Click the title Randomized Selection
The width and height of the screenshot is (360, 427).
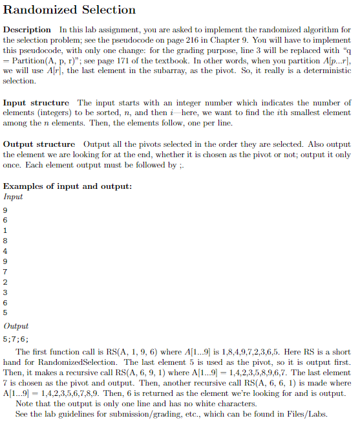(x=70, y=10)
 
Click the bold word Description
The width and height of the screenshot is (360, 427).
(x=27, y=30)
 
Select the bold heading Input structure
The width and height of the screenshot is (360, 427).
(x=36, y=103)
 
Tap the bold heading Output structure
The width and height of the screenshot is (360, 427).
(x=39, y=144)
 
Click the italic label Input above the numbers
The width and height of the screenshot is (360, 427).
(x=14, y=197)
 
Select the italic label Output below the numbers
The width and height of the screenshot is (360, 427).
(x=16, y=326)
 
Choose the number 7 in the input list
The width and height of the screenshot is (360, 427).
(x=6, y=272)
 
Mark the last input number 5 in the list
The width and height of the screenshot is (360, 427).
(x=6, y=313)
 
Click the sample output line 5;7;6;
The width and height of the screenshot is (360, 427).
(x=16, y=338)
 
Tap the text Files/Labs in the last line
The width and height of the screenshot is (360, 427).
(x=309, y=414)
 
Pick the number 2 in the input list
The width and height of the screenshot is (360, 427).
(x=6, y=282)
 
